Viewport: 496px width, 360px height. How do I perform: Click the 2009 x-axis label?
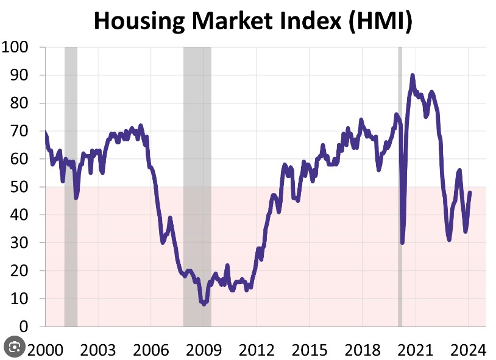click(204, 350)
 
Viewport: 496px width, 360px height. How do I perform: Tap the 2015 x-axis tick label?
click(310, 350)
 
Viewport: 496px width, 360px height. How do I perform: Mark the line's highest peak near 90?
click(413, 76)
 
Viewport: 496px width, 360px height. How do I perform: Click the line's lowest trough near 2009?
click(204, 303)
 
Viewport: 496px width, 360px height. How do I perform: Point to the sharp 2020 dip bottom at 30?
click(402, 242)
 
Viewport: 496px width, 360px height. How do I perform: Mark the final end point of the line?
click(470, 192)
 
